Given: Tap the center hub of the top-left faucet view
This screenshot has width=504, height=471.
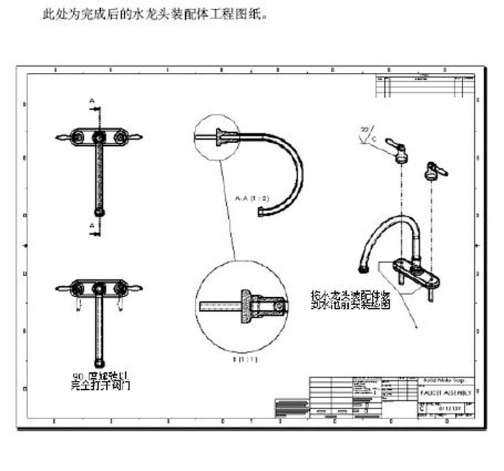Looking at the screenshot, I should click(99, 137).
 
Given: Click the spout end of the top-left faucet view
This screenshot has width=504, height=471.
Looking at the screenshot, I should click(99, 213).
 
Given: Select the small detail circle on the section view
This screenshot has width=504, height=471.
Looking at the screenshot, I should click(217, 136).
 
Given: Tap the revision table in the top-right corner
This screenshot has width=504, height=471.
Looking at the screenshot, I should click(426, 87).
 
